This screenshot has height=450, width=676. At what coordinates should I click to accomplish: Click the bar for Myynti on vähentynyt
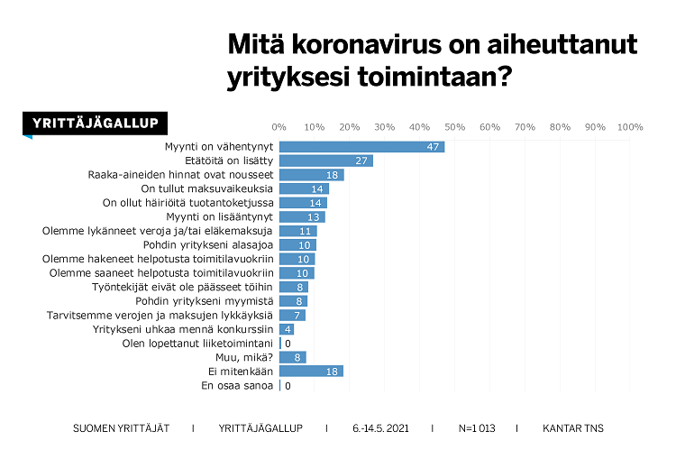click(x=361, y=146)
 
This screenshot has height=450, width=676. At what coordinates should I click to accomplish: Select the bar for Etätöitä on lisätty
click(x=325, y=161)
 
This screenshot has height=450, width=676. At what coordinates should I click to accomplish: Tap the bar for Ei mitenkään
click(x=311, y=371)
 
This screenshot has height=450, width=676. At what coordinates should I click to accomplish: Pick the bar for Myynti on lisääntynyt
click(x=301, y=216)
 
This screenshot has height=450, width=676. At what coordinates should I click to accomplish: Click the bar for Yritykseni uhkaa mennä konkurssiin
click(x=286, y=328)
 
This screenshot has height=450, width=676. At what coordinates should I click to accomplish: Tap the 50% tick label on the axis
click(x=453, y=126)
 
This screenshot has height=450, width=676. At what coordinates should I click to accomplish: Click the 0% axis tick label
click(x=279, y=126)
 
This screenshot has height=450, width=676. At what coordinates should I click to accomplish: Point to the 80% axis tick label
click(x=559, y=126)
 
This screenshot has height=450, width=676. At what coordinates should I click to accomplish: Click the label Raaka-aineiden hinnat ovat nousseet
click(x=179, y=175)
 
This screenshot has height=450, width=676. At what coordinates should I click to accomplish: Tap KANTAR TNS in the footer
click(x=572, y=427)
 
